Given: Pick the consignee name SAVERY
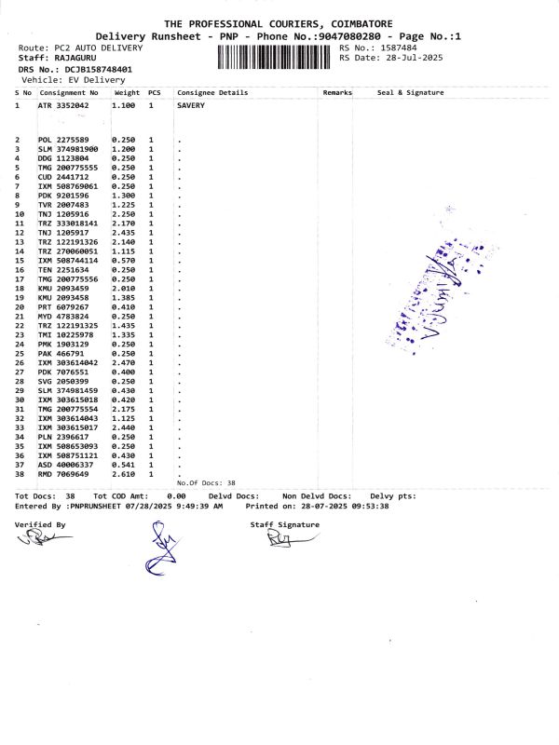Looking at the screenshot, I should tap(190, 106).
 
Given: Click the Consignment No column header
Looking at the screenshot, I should tap(69, 93).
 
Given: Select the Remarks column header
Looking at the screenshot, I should tap(336, 93).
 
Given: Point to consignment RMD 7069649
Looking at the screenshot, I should tap(63, 474).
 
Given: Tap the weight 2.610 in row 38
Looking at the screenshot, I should tap(124, 474).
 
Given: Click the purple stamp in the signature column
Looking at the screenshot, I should tap(438, 289).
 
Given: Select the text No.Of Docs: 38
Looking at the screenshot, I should tap(206, 483).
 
